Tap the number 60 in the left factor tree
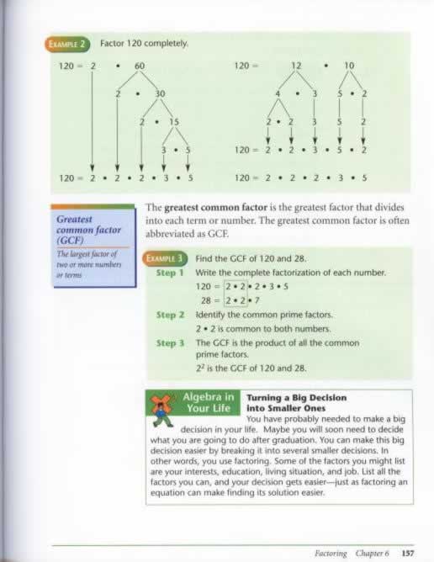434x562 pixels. click(140, 66)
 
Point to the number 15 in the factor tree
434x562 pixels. click(175, 122)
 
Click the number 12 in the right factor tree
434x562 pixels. click(295, 66)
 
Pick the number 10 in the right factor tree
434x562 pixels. click(350, 66)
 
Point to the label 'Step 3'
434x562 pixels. click(170, 342)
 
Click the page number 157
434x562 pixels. click(409, 554)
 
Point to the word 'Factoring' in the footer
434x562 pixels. click(330, 554)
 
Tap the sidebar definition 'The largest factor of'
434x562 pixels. click(87, 254)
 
